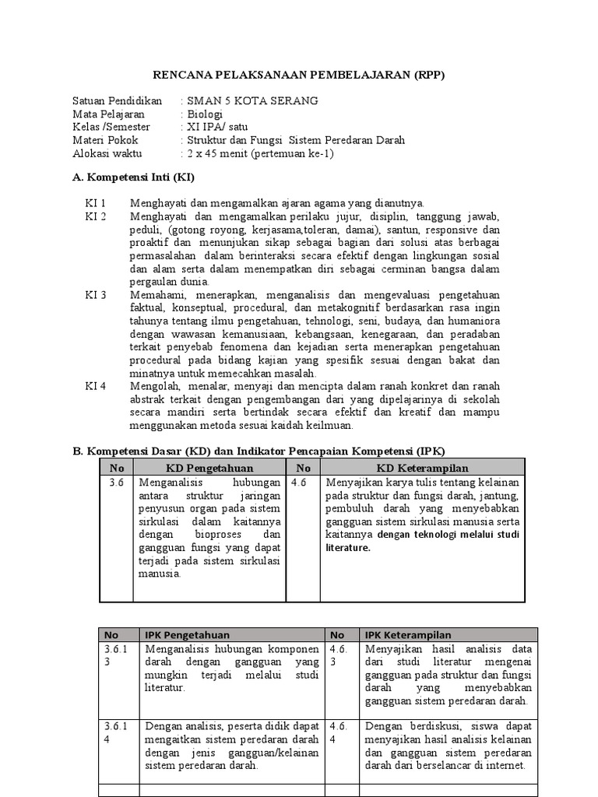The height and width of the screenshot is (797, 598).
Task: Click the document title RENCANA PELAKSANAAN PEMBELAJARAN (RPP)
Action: point(298,75)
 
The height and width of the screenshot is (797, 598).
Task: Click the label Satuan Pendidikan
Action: point(117,101)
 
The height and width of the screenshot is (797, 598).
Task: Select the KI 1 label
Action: point(96,202)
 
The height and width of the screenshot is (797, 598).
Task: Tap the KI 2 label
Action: point(96,216)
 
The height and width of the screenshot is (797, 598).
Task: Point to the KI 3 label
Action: point(96,295)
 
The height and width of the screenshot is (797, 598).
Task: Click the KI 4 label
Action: point(96,387)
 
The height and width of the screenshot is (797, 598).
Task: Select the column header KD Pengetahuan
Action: point(209,468)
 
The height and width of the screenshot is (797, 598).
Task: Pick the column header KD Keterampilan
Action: point(422,468)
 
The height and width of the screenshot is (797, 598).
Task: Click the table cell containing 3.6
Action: point(116,483)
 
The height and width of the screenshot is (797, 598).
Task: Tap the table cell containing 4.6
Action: point(300,483)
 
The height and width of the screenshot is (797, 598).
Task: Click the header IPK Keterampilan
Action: point(405,635)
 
